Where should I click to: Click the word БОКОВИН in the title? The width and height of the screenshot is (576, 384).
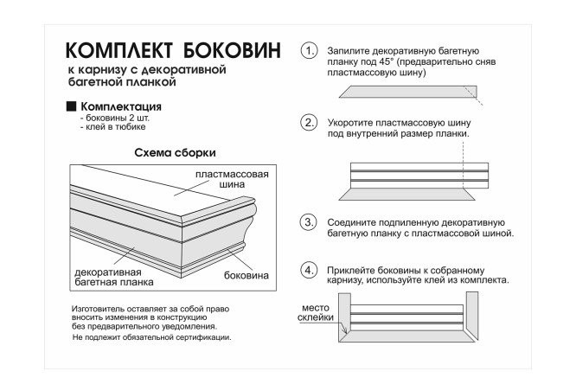click(227, 50)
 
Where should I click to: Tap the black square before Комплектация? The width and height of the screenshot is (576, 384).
click(72, 106)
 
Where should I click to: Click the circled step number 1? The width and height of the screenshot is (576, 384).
click(309, 51)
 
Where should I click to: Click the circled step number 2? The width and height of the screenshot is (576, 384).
click(309, 123)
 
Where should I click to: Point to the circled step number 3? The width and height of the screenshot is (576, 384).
click(309, 222)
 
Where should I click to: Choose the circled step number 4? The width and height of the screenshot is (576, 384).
click(309, 270)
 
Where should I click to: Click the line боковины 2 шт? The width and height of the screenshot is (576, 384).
click(109, 118)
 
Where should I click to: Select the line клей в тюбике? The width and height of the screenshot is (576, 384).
click(106, 128)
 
